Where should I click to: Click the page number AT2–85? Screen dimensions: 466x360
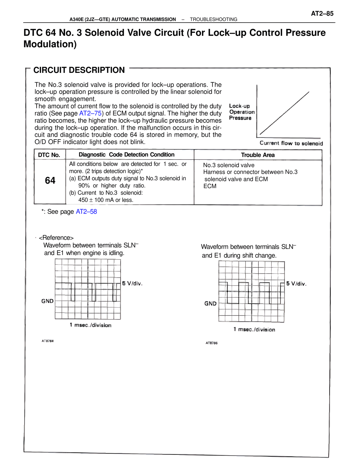point(322,13)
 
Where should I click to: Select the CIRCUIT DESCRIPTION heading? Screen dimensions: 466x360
point(79,70)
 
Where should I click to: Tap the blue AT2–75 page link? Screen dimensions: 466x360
point(90,113)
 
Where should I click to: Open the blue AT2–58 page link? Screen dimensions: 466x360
point(86,212)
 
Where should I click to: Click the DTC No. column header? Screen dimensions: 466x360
point(49,155)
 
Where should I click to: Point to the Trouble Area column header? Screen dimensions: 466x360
point(258,155)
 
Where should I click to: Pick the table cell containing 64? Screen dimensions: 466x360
point(50,181)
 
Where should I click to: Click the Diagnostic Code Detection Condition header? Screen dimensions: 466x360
point(127,154)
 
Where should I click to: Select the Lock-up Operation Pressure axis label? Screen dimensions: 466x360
point(242,112)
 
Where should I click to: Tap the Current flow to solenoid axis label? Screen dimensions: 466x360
point(291,143)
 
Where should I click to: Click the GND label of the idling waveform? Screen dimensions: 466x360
point(47,301)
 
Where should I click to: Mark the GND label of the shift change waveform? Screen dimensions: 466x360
point(210,304)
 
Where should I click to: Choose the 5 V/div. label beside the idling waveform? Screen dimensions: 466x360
point(132,283)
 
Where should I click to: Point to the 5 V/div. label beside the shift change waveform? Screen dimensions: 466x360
point(296,284)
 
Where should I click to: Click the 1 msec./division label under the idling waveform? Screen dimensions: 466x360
point(91,325)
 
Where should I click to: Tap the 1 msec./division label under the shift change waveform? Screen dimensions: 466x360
point(254,330)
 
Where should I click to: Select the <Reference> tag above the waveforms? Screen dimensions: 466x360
point(56,238)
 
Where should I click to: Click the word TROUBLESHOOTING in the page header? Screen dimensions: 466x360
point(213,19)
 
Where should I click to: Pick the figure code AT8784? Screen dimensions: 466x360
point(48,341)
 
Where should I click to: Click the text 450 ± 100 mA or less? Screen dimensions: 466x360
point(106,200)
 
